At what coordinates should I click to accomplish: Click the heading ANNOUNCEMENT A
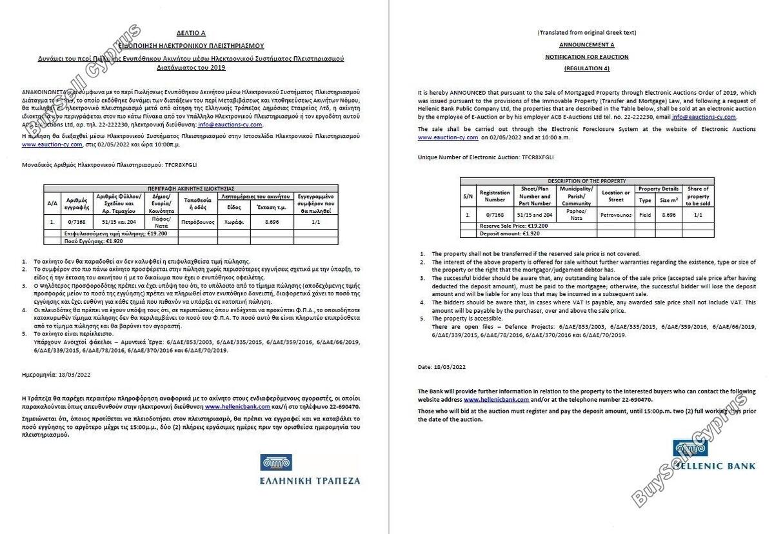coord(586,44)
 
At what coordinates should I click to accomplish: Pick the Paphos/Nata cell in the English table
coord(576,213)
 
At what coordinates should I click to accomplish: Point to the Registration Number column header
coord(495,195)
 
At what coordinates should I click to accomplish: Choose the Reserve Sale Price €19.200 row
coord(513,226)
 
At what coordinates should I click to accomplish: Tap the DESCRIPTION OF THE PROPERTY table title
coord(586,181)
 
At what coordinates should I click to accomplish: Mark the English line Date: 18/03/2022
coord(442,366)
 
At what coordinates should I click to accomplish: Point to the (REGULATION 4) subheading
coord(586,68)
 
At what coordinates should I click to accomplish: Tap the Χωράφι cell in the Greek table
coord(233,220)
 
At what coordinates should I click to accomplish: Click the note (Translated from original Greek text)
coord(586,32)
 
